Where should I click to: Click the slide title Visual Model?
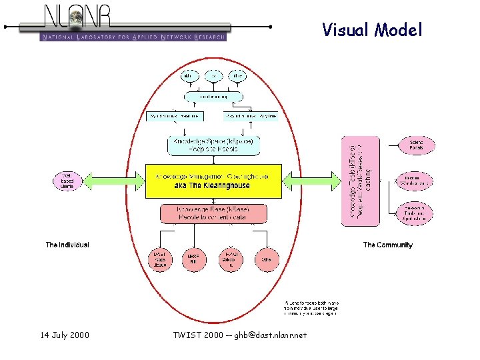pyautogui.click(x=372, y=29)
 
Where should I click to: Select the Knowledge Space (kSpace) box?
pyautogui.click(x=213, y=145)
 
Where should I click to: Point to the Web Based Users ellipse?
pyautogui.click(x=67, y=181)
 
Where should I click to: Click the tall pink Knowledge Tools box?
pyautogui.click(x=360, y=181)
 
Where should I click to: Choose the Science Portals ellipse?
pyautogui.click(x=416, y=145)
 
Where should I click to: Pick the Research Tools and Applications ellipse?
pyautogui.click(x=416, y=213)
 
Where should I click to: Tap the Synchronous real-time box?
pyautogui.click(x=174, y=116)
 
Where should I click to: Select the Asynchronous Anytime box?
pyautogui.click(x=250, y=116)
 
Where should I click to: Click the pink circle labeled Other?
pyautogui.click(x=267, y=259)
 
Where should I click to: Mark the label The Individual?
pyautogui.click(x=67, y=245)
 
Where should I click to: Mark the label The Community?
pyautogui.click(x=387, y=245)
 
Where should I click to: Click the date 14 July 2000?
pyautogui.click(x=65, y=335)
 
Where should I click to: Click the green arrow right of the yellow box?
pyautogui.click(x=311, y=181)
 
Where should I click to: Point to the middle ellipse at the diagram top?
pyautogui.click(x=213, y=76)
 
